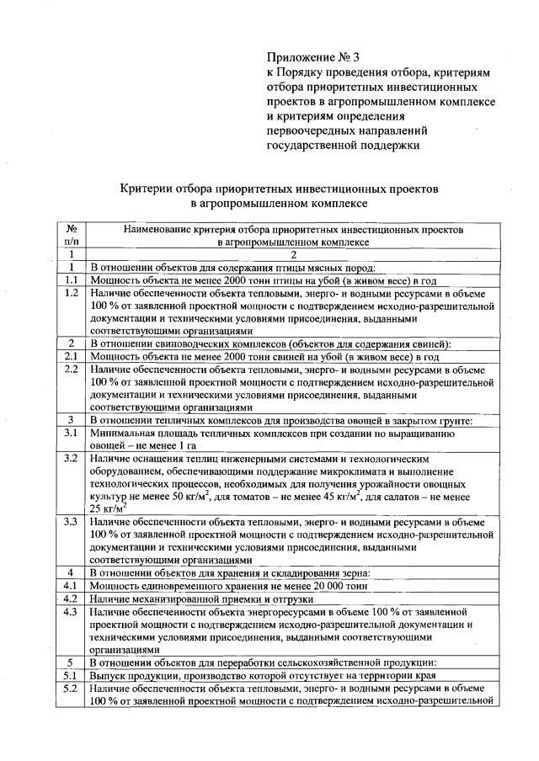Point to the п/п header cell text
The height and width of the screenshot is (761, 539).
[72, 241]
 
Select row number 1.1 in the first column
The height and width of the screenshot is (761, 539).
[72, 279]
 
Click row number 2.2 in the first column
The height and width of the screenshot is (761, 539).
[72, 369]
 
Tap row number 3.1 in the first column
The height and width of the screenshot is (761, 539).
[72, 433]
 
